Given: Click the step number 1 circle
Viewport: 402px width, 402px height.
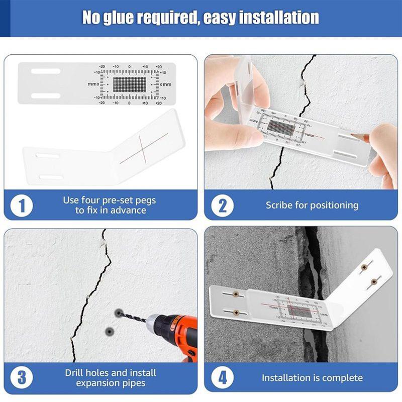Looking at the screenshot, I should point(22,205).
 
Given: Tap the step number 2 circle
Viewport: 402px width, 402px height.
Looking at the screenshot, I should point(222,205).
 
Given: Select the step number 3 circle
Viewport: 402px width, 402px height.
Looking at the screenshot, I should point(22,378).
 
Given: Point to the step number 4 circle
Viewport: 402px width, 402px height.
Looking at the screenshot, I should point(222,378).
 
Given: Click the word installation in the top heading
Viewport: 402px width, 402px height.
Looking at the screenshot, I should point(278,18).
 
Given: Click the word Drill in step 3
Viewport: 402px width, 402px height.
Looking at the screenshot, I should point(75,373).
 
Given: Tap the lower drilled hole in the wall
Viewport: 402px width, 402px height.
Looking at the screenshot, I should point(109,330).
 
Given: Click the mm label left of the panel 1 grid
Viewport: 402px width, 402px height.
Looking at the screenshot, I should point(93,84).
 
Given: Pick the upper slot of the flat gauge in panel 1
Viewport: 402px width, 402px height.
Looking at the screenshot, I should point(46,71).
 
